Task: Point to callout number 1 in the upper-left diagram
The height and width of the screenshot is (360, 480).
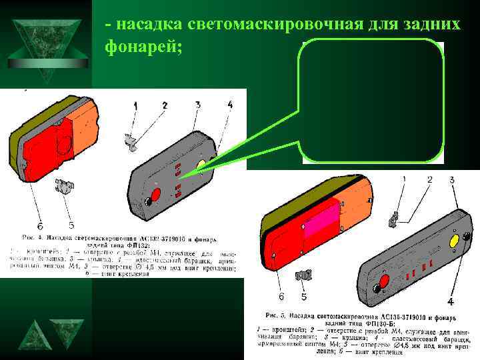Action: pos(135,105)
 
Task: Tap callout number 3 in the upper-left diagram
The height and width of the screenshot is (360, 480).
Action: pos(198,105)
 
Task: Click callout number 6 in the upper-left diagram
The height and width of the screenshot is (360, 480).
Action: pos(40,226)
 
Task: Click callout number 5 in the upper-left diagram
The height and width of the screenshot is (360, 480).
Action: pos(71,226)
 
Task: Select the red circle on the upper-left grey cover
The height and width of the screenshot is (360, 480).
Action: pos(154,195)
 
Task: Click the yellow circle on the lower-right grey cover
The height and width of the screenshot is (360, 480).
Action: pos(453,240)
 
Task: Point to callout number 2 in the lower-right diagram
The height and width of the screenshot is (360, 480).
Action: pos(429,180)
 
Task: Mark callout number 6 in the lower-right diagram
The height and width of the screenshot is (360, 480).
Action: pos(281,296)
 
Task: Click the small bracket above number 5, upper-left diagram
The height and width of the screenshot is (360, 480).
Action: pos(65,187)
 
